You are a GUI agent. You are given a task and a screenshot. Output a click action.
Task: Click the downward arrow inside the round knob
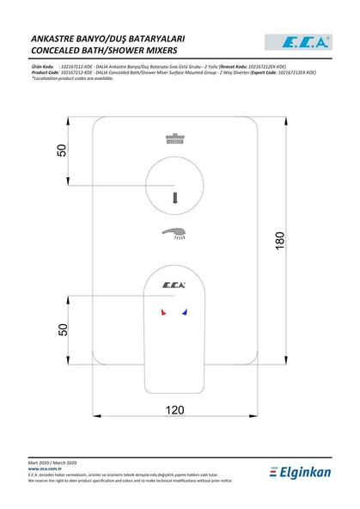click(x=175, y=197)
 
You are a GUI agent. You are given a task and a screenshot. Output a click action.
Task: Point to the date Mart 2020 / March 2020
click(x=53, y=463)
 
